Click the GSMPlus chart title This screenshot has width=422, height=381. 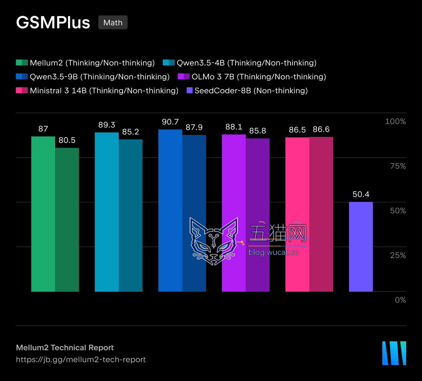pos(53,23)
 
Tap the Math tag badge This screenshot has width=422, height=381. pos(113,22)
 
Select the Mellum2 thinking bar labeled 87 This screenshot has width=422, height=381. pos(43,214)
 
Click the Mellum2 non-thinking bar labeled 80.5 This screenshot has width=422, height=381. pos(67,220)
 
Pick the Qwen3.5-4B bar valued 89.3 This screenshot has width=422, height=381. pos(107,212)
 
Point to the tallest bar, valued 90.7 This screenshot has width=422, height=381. pos(170,211)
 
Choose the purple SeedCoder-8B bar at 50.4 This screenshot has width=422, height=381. pos(361,247)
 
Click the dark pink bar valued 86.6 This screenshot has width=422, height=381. pos(321,214)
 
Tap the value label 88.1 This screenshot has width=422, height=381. pos(234,127)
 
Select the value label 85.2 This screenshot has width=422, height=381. pos(130,131)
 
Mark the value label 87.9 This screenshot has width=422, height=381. pos(194,127)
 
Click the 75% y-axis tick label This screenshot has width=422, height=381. pos(398,166)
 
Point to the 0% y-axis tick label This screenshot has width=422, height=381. pos(400,300)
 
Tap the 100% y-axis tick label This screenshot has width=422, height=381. pos(396,122)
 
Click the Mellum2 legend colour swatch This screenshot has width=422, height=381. pos(22,63)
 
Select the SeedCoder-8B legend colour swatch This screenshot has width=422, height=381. pos(190,90)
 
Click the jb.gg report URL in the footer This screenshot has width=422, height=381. pos(81,360)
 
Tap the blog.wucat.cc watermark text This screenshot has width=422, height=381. pos(273,252)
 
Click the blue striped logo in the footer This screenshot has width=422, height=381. pos(394,353)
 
